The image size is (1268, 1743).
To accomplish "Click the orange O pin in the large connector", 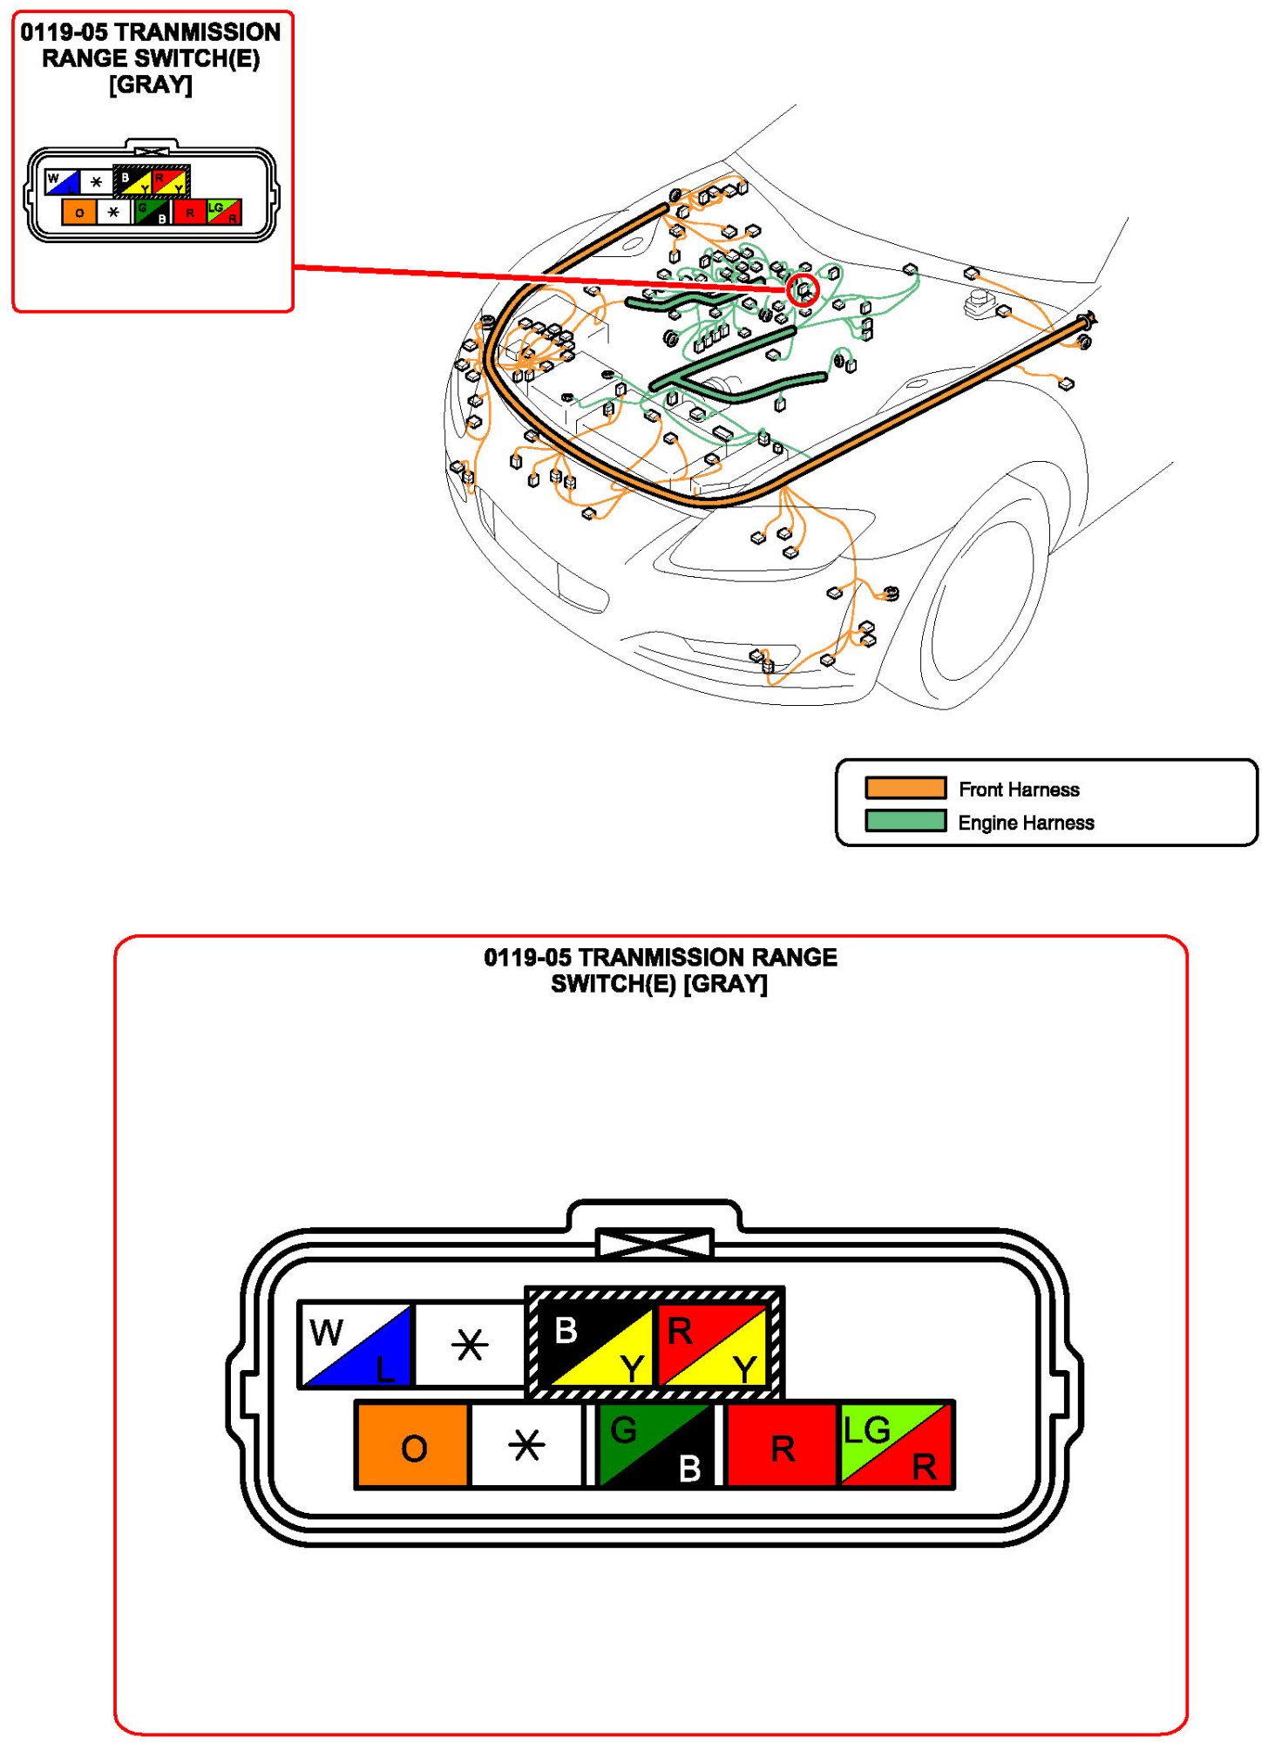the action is (413, 1445).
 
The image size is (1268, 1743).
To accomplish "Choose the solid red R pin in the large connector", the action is (781, 1445).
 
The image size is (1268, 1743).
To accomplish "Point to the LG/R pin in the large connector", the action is (895, 1445).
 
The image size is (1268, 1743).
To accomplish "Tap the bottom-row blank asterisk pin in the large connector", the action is (526, 1445).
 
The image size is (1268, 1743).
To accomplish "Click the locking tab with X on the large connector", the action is (654, 1243).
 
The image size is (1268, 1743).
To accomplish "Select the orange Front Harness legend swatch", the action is (905, 788).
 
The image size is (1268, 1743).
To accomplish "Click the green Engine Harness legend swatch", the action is (905, 821).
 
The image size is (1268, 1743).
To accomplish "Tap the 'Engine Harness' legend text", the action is (1026, 823).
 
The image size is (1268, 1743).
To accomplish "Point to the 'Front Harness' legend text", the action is (1019, 790).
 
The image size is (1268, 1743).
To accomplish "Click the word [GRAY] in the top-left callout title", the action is (151, 85).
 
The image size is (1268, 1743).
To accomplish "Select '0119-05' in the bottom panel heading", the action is (527, 957).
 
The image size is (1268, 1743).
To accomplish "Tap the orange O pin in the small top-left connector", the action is (79, 212).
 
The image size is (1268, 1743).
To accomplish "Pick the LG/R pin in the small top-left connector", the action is (224, 212).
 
